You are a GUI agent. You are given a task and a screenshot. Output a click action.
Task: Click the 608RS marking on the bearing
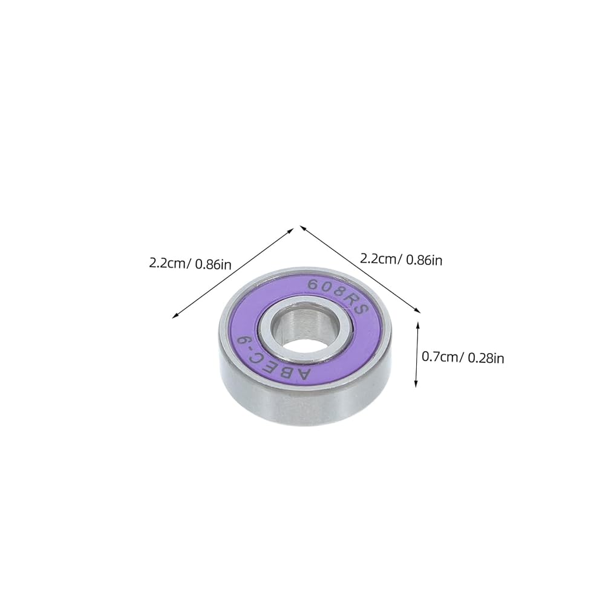coord(337,296)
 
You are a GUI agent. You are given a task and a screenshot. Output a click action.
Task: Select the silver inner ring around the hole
coord(301,330)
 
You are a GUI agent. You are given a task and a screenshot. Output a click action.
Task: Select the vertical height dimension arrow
coord(417,355)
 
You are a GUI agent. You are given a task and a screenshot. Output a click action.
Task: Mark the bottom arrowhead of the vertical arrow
coord(416,384)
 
